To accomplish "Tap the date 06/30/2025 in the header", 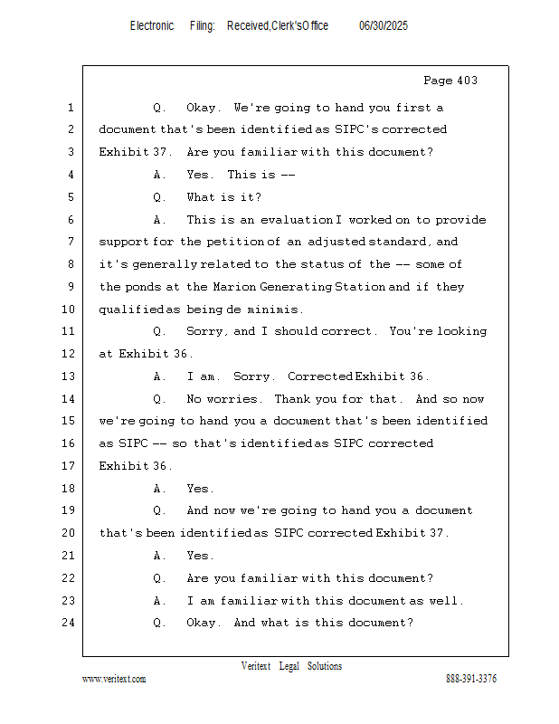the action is click(384, 26).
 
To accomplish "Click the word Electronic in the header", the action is click(152, 26).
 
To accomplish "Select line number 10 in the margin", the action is click(69, 309).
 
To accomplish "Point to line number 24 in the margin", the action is click(69, 623).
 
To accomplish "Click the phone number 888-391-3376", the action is click(471, 679).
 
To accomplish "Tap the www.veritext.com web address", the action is click(114, 680).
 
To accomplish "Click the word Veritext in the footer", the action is click(256, 666).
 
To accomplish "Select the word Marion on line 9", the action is click(234, 287).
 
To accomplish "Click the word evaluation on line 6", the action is click(297, 220).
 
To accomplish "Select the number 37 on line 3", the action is click(160, 152).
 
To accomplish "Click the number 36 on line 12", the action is click(181, 354).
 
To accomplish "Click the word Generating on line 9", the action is click(296, 287).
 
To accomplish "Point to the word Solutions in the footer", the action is click(325, 666).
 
